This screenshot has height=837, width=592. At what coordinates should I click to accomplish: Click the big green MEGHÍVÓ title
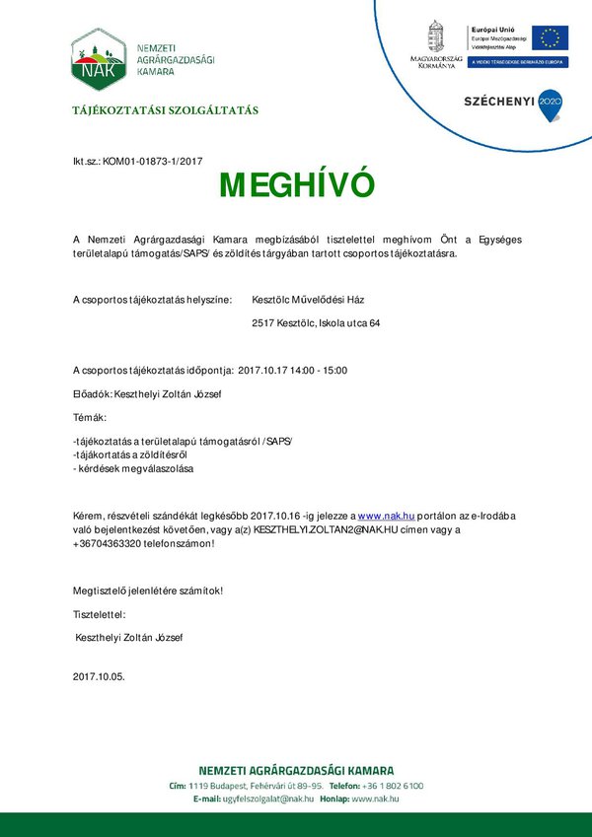coord(297,185)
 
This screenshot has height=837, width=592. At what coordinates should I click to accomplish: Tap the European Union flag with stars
coord(550,37)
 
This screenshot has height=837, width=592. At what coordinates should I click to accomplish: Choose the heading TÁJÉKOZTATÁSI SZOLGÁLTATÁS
coord(166,110)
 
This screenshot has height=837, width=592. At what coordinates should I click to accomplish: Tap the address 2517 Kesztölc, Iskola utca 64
coord(317,322)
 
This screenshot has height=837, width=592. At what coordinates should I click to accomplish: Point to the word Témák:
coord(89,418)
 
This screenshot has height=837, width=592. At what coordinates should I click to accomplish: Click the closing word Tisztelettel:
coord(100,614)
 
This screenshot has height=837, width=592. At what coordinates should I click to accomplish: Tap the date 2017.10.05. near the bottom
coord(99,677)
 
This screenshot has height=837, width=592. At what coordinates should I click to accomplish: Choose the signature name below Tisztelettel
coord(129,638)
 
